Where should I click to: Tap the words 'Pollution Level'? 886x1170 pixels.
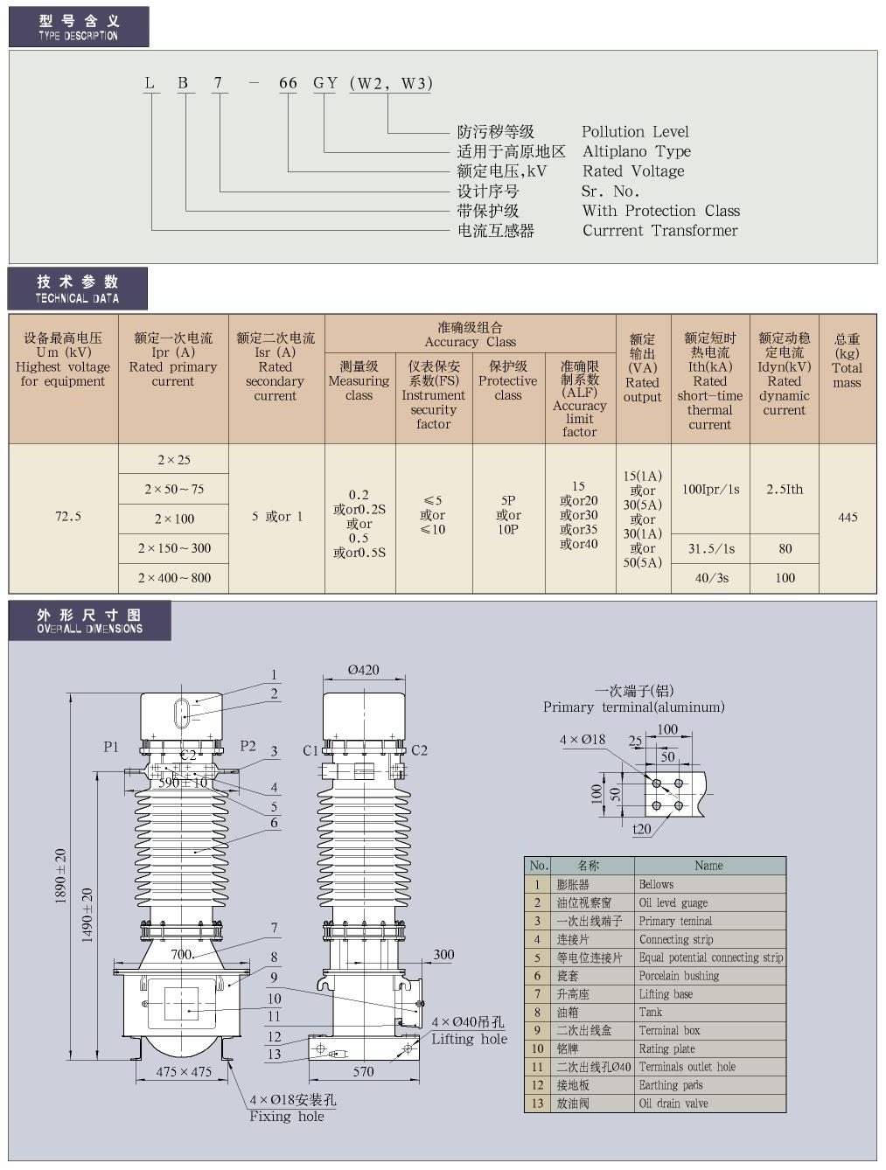pyautogui.click(x=635, y=132)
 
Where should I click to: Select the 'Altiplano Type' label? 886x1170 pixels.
pyautogui.click(x=636, y=151)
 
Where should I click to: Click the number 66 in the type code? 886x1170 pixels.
pyautogui.click(x=288, y=83)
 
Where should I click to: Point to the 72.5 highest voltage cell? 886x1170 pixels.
pyautogui.click(x=67, y=517)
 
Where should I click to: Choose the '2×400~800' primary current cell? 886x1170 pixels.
pyautogui.click(x=174, y=577)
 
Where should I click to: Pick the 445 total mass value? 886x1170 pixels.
pyautogui.click(x=847, y=517)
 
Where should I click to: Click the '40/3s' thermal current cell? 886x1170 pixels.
pyautogui.click(x=709, y=577)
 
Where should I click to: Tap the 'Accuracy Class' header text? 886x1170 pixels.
pyautogui.click(x=470, y=342)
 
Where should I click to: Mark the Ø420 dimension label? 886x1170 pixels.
pyautogui.click(x=364, y=670)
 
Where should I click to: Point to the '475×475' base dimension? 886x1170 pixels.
pyautogui.click(x=184, y=1071)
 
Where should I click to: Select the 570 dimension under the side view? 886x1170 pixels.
pyautogui.click(x=363, y=1071)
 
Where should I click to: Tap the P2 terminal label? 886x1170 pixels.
pyautogui.click(x=248, y=746)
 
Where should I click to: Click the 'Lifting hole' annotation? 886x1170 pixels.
pyautogui.click(x=469, y=1039)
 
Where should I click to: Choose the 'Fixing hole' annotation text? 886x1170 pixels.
pyautogui.click(x=286, y=1117)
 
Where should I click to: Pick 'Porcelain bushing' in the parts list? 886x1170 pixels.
pyautogui.click(x=679, y=976)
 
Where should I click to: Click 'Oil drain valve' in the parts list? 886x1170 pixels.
pyautogui.click(x=673, y=1104)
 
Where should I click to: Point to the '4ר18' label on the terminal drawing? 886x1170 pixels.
pyautogui.click(x=583, y=739)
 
